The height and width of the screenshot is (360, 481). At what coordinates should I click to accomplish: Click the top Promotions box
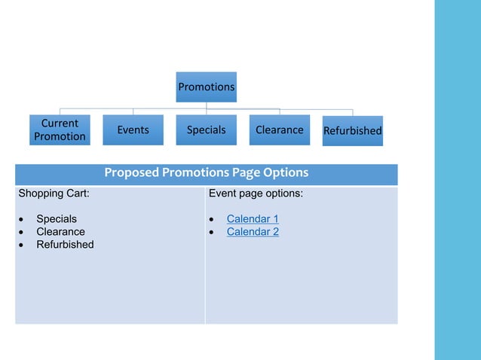[206, 87]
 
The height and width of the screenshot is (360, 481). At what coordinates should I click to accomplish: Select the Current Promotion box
[60, 130]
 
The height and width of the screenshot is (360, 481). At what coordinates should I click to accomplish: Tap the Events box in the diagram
[133, 130]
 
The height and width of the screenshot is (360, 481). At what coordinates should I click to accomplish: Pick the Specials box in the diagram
[206, 130]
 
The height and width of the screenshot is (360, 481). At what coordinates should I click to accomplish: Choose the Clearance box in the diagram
[279, 130]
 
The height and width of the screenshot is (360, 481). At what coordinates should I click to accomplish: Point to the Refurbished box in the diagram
[352, 130]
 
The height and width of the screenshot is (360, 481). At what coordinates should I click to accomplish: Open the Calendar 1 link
[253, 219]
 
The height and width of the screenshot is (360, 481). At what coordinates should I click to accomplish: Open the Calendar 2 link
[253, 232]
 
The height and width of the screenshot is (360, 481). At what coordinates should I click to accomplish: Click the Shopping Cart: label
[54, 194]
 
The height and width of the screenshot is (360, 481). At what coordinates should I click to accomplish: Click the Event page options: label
[256, 194]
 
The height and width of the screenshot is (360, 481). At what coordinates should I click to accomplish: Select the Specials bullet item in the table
[57, 219]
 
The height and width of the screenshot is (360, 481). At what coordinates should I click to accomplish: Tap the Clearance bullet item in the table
[60, 232]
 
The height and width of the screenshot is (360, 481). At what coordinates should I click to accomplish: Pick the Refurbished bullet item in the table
[65, 245]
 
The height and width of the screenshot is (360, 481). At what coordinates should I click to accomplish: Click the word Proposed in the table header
[131, 173]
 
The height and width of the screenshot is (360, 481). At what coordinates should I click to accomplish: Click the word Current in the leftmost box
[60, 123]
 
